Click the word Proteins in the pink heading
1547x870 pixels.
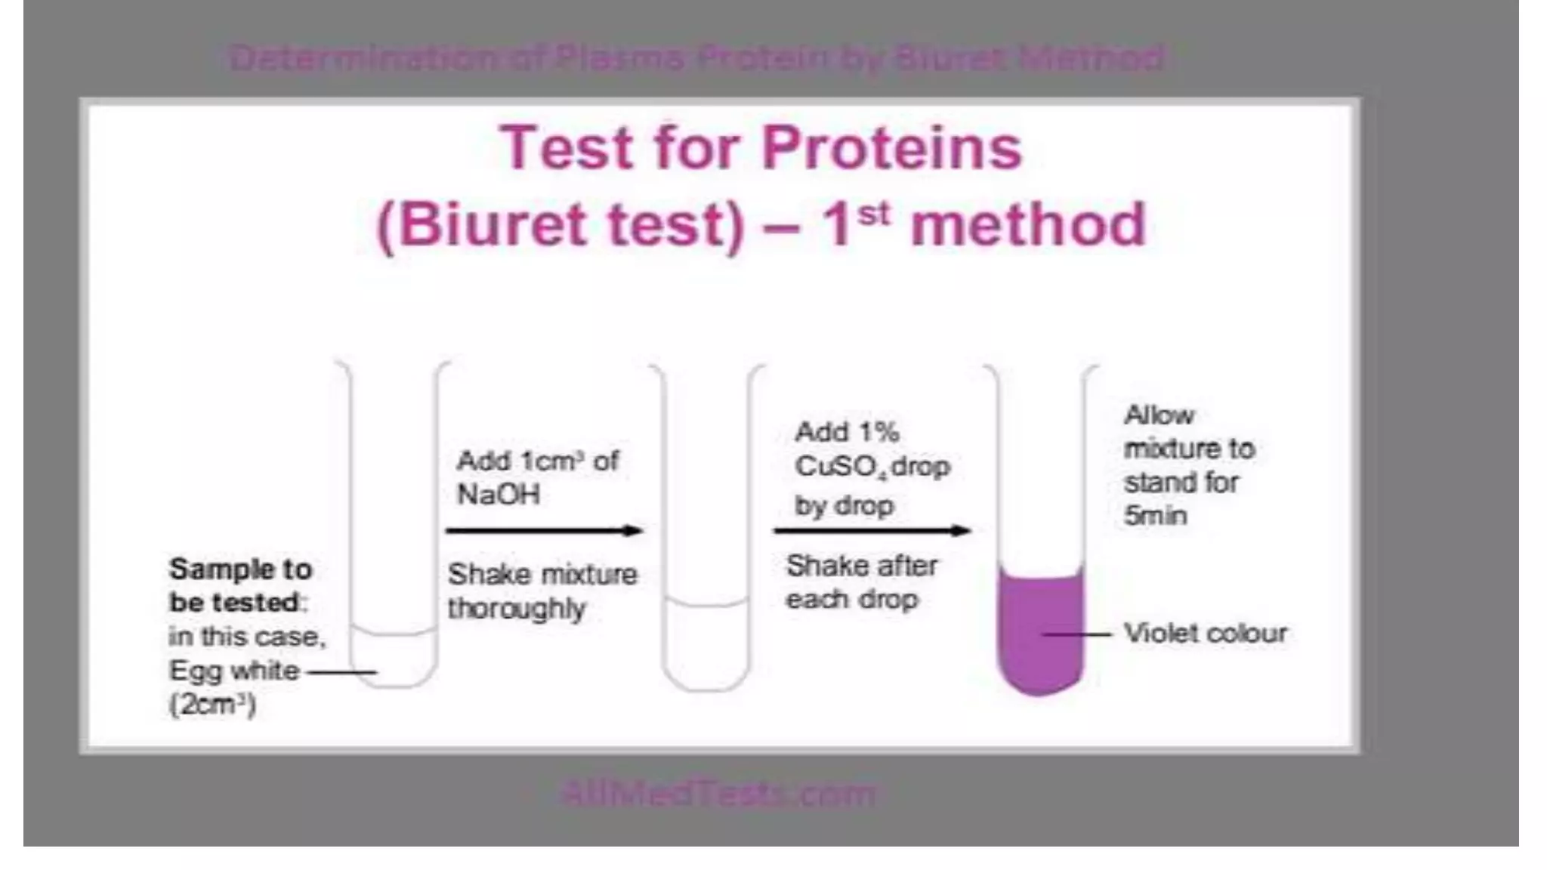pyautogui.click(x=891, y=147)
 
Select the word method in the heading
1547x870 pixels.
pyautogui.click(x=1028, y=225)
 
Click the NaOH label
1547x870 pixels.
pyautogui.click(x=499, y=495)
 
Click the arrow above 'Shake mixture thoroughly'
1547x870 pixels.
pyautogui.click(x=544, y=531)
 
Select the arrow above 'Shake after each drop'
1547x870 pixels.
pyautogui.click(x=872, y=531)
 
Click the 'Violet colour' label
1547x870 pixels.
pyautogui.click(x=1205, y=633)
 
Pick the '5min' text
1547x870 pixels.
pyautogui.click(x=1155, y=516)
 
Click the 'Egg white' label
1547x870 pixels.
pyautogui.click(x=234, y=671)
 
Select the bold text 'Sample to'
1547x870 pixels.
pyautogui.click(x=240, y=569)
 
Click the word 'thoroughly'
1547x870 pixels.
pyautogui.click(x=517, y=609)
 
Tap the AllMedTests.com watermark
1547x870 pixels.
pyautogui.click(x=718, y=794)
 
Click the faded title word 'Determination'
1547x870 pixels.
pyautogui.click(x=363, y=58)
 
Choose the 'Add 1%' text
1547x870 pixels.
pyautogui.click(x=846, y=432)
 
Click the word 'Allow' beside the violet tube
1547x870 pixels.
pyautogui.click(x=1159, y=415)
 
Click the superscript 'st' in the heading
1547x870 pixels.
pyautogui.click(x=873, y=214)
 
